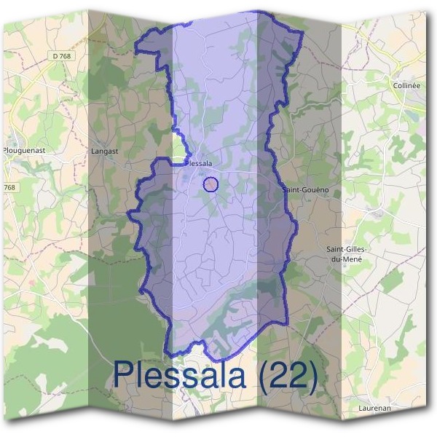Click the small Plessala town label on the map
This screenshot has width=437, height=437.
[198, 164]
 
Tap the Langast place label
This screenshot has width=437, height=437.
[105, 151]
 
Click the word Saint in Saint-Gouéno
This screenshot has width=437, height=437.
[291, 190]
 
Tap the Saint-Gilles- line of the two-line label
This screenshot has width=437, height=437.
[347, 249]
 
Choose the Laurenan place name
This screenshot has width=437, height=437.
[375, 409]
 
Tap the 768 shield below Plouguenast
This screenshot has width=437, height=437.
[9, 187]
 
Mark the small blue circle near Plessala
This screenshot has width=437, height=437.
[210, 184]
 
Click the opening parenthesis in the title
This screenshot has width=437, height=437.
[255, 377]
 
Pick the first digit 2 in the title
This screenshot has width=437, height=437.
[273, 377]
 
